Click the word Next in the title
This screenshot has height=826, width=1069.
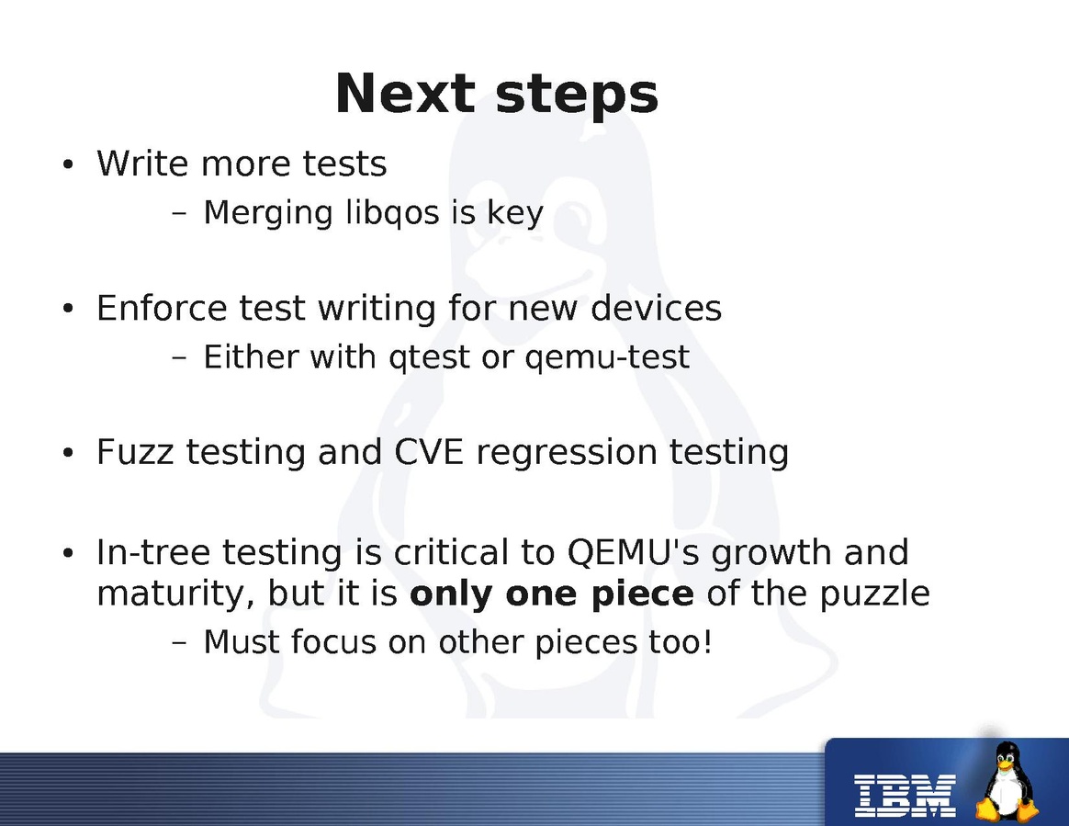[x=405, y=93]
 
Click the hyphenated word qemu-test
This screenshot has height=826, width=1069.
[x=607, y=357]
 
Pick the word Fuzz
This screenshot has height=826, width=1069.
[x=135, y=451]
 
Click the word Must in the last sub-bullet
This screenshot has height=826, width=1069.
[x=242, y=642]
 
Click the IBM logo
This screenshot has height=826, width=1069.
[x=906, y=796]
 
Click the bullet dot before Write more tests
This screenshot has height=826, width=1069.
[x=67, y=165]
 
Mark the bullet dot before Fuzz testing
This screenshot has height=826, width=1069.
[x=67, y=453]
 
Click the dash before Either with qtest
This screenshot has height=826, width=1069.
[x=179, y=357]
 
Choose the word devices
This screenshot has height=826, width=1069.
[x=656, y=308]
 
